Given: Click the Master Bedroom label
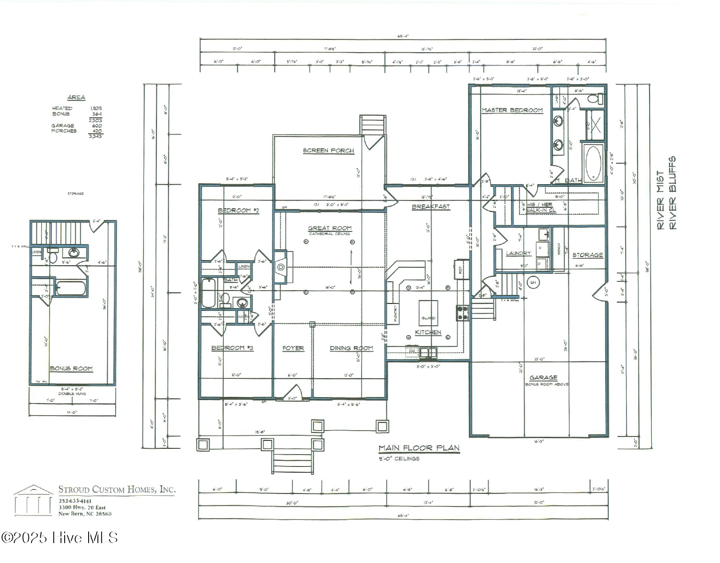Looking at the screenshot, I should [512, 110].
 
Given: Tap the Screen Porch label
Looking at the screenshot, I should [328, 151].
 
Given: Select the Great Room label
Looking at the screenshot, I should [330, 229].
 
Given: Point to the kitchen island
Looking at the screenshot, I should [428, 312].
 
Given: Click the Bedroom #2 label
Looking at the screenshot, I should [238, 210].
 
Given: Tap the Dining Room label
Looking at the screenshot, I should [351, 348].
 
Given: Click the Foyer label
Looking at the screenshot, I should [293, 348].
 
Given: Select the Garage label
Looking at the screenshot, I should [543, 377].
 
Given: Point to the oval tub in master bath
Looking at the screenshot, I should [594, 162].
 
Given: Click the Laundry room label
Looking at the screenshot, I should [518, 253].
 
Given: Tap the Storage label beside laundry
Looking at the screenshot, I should [588, 255].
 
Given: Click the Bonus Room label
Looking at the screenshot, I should [71, 368].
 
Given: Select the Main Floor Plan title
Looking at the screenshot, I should [419, 448].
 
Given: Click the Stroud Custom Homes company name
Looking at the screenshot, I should [117, 489].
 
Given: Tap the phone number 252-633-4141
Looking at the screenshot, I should [75, 501].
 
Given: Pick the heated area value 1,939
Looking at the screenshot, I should [96, 108].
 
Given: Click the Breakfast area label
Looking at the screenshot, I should [431, 207].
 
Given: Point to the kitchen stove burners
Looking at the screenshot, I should [463, 313].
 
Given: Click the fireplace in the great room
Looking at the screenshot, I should [280, 267].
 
